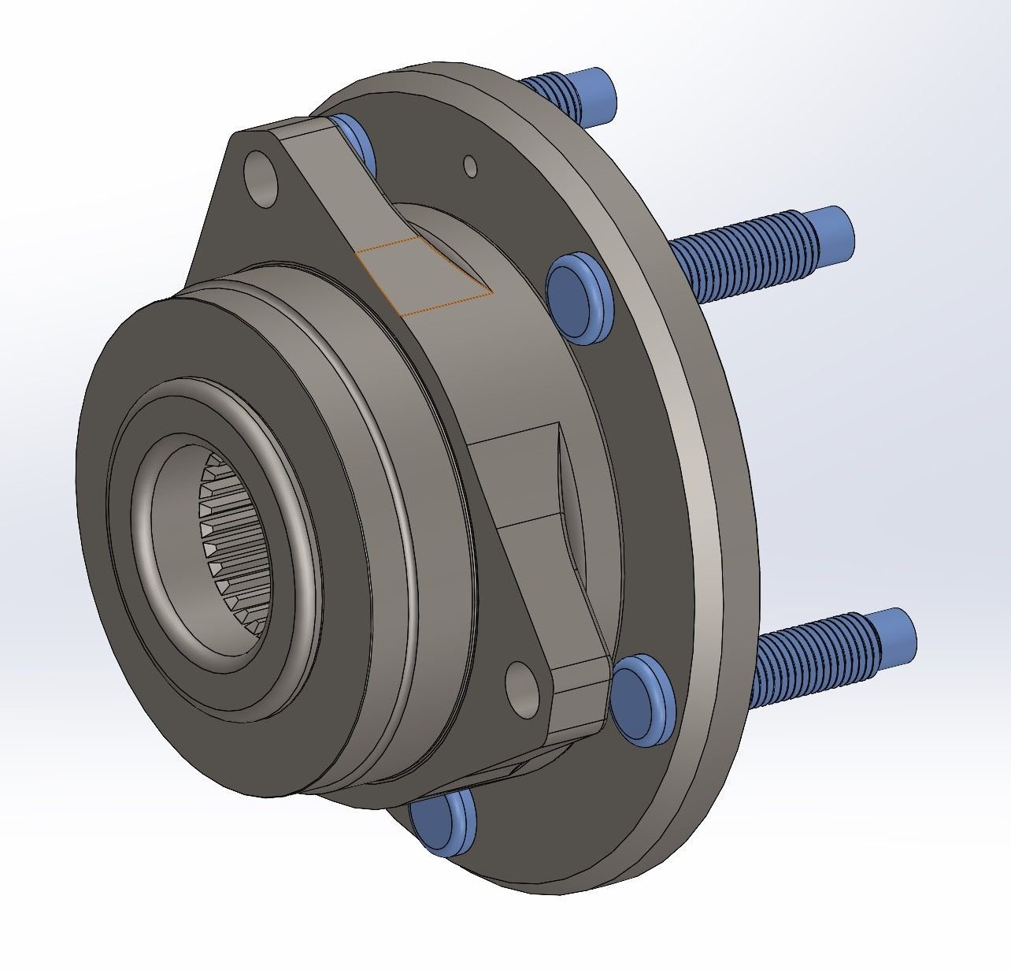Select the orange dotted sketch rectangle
(x=425, y=276)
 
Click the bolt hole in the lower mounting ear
(x=521, y=684)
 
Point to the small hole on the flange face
(x=471, y=166)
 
